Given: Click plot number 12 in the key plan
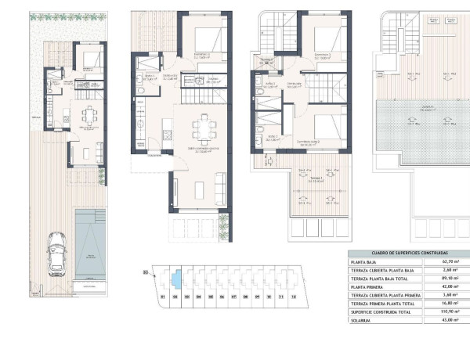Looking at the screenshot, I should click(293, 297).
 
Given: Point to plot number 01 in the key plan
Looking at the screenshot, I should click(162, 297).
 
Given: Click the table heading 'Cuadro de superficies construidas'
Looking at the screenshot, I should click(399, 254).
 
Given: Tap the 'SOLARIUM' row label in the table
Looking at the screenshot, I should click(362, 319).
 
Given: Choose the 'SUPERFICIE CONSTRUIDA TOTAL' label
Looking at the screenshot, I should click(381, 311).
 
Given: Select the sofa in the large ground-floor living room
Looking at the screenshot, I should click(220, 189).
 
